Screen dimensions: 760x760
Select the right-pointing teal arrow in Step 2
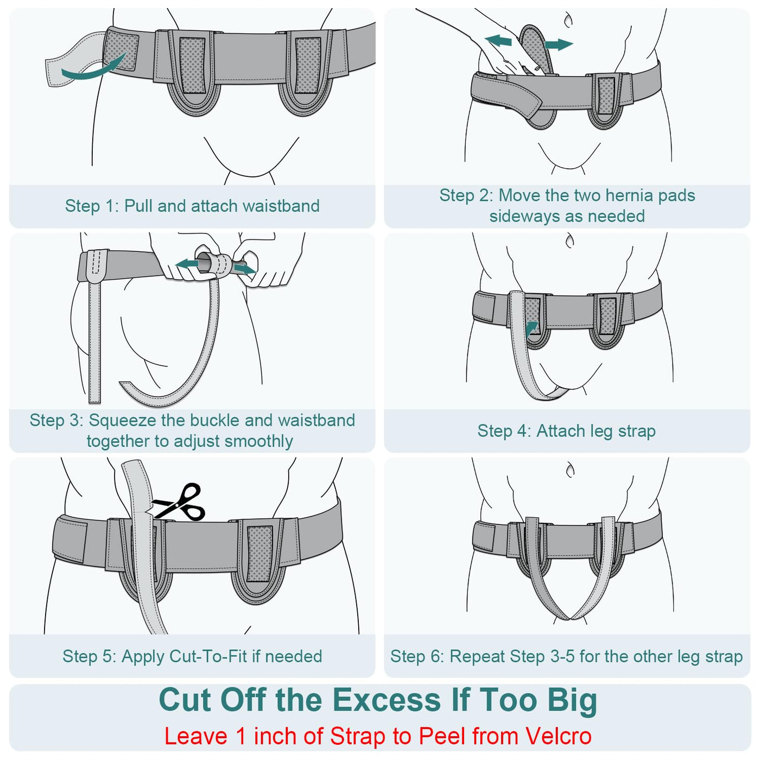[x=559, y=44]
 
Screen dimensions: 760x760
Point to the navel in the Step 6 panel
[x=569, y=470]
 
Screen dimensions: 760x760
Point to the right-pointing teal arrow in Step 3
[x=244, y=269]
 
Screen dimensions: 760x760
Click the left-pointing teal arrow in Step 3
[x=187, y=264]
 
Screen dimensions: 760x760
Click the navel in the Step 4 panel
[x=569, y=240]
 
